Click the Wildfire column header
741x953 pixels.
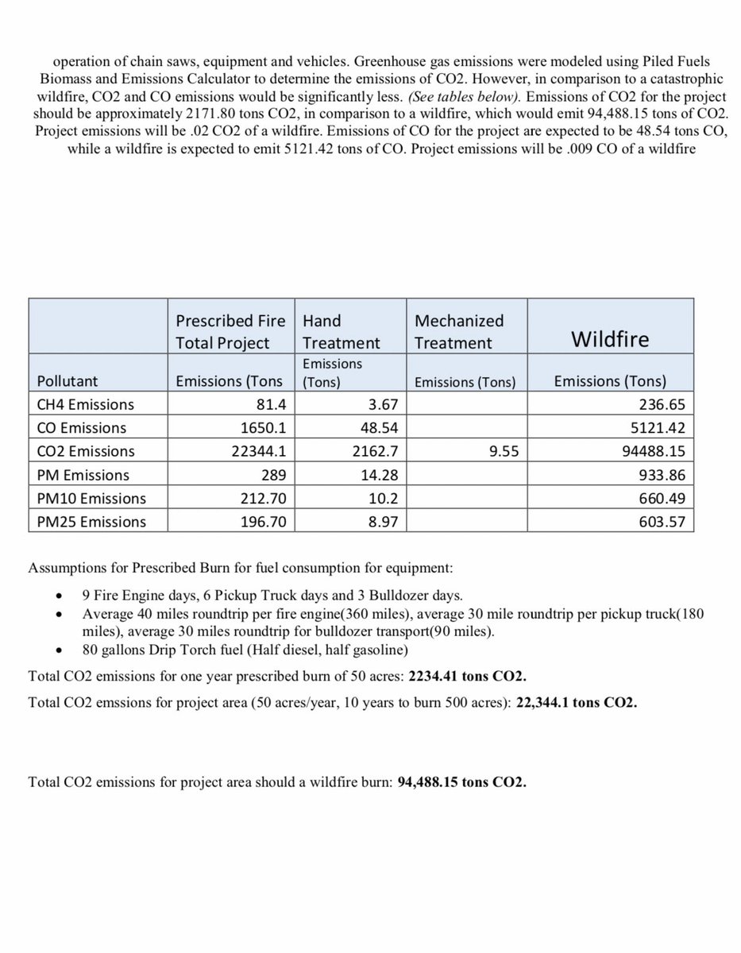(610, 340)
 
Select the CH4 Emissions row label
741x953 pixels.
(87, 404)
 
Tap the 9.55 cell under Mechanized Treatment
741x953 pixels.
(500, 451)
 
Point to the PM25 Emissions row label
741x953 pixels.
(91, 522)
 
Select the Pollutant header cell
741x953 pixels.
(67, 381)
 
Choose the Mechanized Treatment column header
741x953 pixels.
(459, 332)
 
